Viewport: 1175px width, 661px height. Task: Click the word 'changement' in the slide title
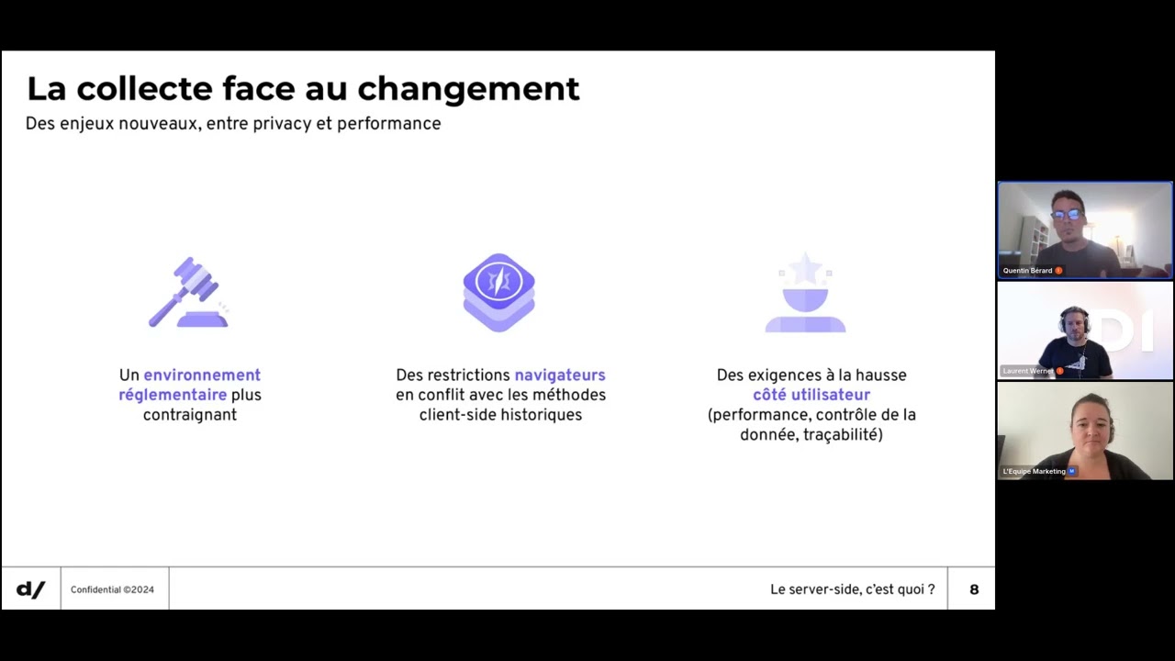[x=468, y=90]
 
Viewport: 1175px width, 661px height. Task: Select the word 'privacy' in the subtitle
[x=276, y=124]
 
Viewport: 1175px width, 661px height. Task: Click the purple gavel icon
[x=189, y=293]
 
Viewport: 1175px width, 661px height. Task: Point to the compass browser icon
[x=498, y=292]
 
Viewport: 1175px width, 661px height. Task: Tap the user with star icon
[x=805, y=294]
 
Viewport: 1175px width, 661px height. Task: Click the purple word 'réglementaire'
[x=173, y=395]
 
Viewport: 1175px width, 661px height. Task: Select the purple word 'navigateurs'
[x=560, y=375]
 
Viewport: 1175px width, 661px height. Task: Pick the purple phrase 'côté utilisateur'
[x=811, y=395]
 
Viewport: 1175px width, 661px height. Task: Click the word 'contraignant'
[x=190, y=415]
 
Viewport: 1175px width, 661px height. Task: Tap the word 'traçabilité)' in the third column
[x=843, y=435]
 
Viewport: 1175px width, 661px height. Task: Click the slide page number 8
[x=974, y=589]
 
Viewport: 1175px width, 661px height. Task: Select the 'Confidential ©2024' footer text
[x=112, y=589]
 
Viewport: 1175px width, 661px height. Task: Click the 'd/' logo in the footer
[x=30, y=589]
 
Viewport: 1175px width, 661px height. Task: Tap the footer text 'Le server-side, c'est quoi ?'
[x=852, y=589]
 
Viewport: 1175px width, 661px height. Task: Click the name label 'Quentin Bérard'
[x=1027, y=271]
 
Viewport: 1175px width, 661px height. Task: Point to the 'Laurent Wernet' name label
[x=1028, y=371]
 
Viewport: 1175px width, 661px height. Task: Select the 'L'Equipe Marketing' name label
[x=1035, y=471]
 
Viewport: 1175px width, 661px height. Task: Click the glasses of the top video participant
[x=1067, y=215]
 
